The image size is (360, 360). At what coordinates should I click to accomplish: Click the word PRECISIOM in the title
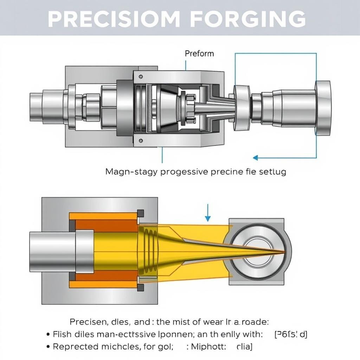[113, 19]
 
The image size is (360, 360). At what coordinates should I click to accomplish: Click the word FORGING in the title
[248, 19]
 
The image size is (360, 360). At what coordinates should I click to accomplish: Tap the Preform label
[199, 53]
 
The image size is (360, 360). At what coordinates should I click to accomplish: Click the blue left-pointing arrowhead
[256, 157]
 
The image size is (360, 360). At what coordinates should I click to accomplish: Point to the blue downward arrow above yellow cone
[207, 213]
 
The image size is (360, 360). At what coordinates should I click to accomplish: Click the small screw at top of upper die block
[141, 77]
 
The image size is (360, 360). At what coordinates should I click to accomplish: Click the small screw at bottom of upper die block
[141, 141]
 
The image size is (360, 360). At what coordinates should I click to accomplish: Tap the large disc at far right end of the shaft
[322, 108]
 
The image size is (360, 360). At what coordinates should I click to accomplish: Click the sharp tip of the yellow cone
[283, 251]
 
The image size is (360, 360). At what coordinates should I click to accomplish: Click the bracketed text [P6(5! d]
[290, 334]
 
